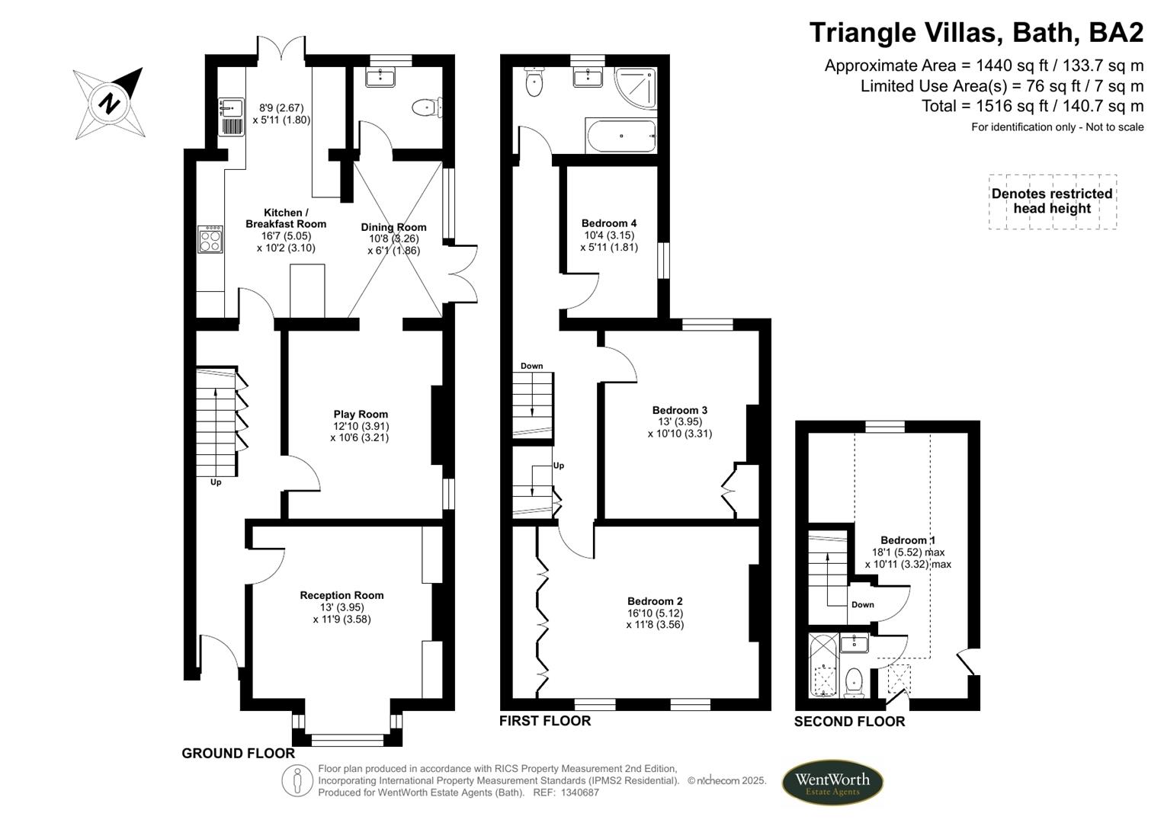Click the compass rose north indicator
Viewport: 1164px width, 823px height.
110,103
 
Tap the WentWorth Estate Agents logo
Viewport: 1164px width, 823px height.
832,783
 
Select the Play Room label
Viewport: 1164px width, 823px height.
361,415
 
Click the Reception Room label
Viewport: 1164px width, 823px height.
342,595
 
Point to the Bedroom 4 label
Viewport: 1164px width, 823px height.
608,223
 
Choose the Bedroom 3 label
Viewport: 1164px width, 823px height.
680,410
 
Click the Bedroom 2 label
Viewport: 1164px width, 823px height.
655,601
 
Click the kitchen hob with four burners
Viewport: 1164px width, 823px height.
210,240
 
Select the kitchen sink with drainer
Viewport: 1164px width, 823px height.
231,117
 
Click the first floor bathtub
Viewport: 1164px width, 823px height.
620,136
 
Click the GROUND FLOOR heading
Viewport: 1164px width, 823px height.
238,754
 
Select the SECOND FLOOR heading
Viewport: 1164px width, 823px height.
849,722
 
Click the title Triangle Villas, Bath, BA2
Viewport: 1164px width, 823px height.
976,33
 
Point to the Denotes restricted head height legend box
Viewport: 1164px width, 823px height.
1052,201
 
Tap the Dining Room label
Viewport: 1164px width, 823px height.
393,227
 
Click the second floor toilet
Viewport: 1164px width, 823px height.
854,681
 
